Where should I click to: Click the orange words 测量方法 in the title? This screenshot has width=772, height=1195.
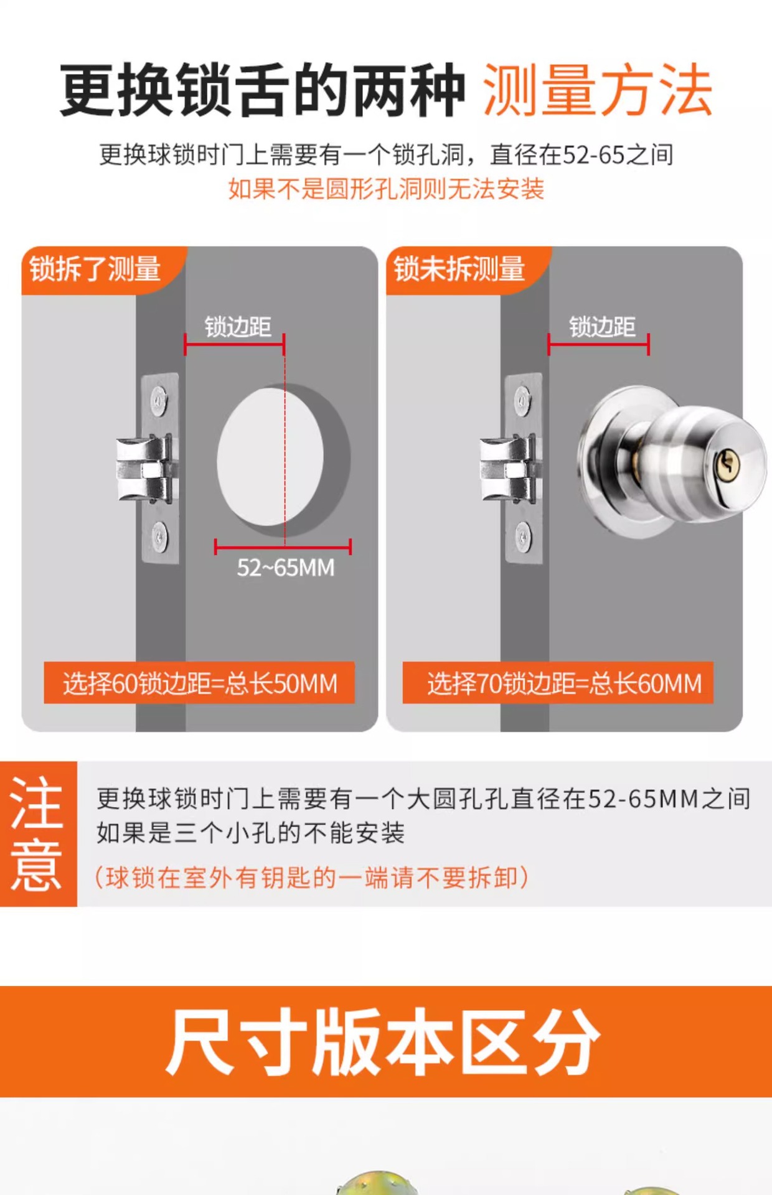(598, 90)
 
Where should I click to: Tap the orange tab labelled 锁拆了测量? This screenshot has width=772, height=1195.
(100, 269)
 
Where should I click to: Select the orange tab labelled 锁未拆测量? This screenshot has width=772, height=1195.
(464, 269)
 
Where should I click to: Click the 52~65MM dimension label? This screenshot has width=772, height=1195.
(286, 568)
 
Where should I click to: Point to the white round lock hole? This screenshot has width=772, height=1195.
(270, 457)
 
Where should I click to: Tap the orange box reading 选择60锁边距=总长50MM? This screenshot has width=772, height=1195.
(199, 683)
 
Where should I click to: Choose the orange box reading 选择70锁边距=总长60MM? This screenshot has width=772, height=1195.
(558, 683)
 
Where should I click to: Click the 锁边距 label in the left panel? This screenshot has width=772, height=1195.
(238, 327)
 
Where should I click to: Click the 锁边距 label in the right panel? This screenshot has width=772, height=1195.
(602, 327)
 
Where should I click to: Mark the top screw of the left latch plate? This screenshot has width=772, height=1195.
(159, 400)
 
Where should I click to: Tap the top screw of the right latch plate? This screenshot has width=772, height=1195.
(523, 400)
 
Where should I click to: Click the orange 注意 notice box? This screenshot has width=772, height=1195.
(38, 833)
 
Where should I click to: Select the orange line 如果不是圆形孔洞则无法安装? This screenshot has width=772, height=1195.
(386, 189)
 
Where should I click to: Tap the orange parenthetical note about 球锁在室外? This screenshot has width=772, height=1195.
(311, 878)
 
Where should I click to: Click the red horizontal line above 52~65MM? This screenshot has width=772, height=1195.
(283, 548)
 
